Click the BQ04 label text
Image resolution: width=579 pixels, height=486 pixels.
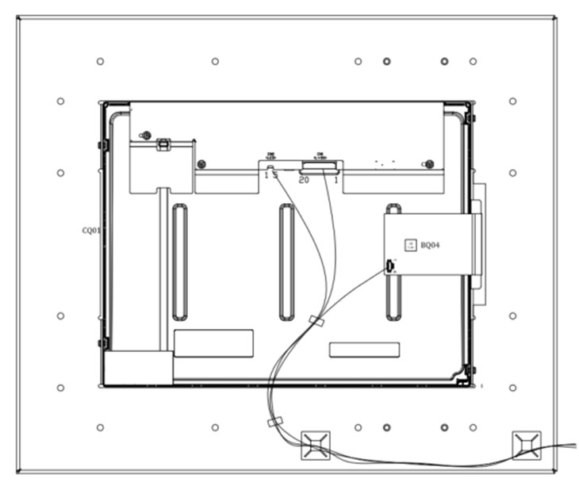pyautogui.click(x=430, y=246)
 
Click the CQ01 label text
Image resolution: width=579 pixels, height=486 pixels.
pyautogui.click(x=91, y=231)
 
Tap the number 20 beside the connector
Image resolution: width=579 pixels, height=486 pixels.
pyautogui.click(x=303, y=180)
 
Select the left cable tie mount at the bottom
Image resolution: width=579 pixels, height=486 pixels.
pyautogui.click(x=315, y=444)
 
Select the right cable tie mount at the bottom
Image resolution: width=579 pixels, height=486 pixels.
pyautogui.click(x=526, y=444)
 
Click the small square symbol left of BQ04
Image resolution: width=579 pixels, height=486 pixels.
pyautogui.click(x=410, y=246)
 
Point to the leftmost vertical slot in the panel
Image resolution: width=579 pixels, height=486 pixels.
pyautogui.click(x=180, y=262)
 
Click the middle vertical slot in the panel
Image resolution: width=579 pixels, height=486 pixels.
pyautogui.click(x=286, y=262)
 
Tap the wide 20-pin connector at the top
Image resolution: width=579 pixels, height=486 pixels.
pyautogui.click(x=319, y=166)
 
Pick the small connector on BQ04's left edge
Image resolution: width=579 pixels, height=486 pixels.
pyautogui.click(x=389, y=266)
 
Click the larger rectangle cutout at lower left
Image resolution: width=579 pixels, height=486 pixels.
pyautogui.click(x=213, y=342)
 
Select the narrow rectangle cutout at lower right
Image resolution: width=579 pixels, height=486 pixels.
pyautogui.click(x=364, y=349)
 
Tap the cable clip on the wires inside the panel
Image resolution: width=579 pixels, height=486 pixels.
pyautogui.click(x=316, y=321)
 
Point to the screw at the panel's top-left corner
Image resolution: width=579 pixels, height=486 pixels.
pyautogui.click(x=144, y=135)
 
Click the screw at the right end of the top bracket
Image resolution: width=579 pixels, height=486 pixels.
pyautogui.click(x=428, y=164)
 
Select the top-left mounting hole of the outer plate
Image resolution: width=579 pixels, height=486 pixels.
pyautogui.click(x=100, y=61)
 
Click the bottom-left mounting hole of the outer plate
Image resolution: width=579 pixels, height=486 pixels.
pyautogui.click(x=100, y=427)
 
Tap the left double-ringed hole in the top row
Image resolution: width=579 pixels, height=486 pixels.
pyautogui.click(x=386, y=61)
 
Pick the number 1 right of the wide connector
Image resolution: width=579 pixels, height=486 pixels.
pyautogui.click(x=337, y=180)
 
